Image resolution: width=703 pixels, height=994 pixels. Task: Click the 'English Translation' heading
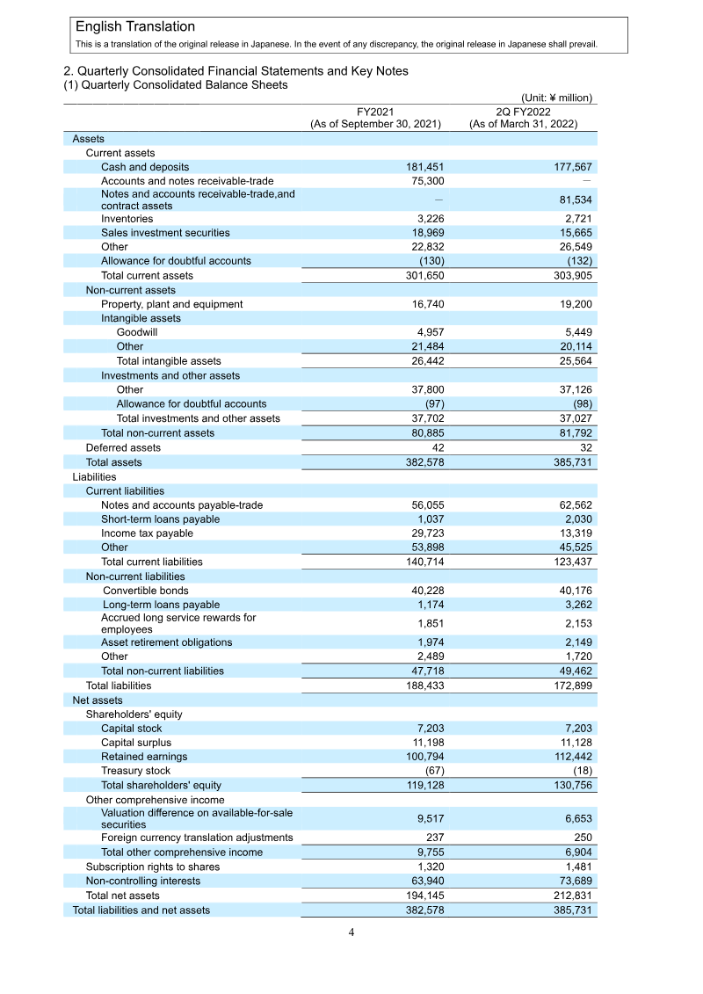coord(135,27)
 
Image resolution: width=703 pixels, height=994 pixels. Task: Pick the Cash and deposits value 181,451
coord(422,167)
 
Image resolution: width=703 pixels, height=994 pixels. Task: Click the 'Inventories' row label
coord(127,219)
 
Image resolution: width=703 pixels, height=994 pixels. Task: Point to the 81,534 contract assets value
coord(570,200)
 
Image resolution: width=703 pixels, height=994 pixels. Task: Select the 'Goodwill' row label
coord(137,333)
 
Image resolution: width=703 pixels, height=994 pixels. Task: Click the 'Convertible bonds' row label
coord(145,591)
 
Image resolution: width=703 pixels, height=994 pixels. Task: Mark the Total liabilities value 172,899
coord(570,686)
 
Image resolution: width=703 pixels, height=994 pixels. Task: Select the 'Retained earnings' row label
coord(144,757)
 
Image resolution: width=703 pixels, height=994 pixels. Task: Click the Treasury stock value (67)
coord(430,771)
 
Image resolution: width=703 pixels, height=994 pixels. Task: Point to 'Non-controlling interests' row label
coord(141,882)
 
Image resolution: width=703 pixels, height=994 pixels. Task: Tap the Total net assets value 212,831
coord(570,896)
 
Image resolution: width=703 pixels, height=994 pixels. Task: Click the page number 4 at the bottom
coord(351,932)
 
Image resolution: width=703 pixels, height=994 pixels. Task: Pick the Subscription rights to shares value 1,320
coord(427,867)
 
